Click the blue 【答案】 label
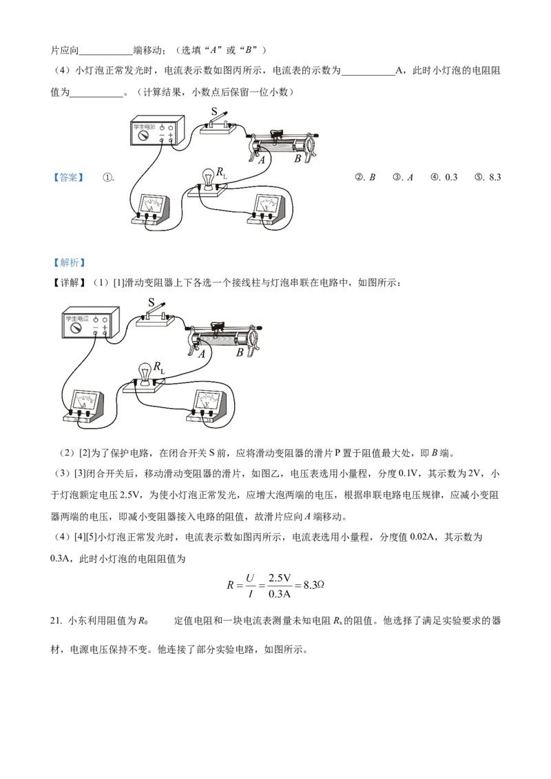click(x=69, y=178)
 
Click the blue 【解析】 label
click(x=69, y=263)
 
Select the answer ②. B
click(x=366, y=178)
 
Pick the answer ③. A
click(x=404, y=178)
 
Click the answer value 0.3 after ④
click(x=451, y=178)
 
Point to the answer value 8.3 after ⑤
click(x=495, y=178)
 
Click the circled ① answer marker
click(x=108, y=178)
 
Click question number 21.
click(x=56, y=621)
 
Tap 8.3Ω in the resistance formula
click(x=314, y=585)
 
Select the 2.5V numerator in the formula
click(x=280, y=578)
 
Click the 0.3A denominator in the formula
click(x=280, y=594)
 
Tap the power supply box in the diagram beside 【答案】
click(x=157, y=131)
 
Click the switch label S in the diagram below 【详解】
click(x=152, y=302)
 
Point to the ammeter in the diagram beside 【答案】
click(x=151, y=213)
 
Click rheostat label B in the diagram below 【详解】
click(x=240, y=352)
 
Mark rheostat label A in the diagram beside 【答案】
click(x=261, y=160)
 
